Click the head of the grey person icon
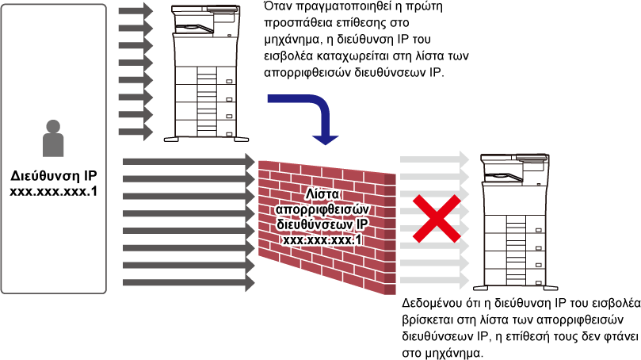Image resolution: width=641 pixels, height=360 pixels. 53,126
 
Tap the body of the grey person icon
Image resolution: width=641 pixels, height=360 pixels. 53,145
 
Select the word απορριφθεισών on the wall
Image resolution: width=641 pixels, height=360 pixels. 322,209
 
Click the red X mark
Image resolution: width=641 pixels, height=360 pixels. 436,218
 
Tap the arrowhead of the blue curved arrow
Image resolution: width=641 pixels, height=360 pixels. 325,139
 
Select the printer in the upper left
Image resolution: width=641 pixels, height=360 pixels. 205,71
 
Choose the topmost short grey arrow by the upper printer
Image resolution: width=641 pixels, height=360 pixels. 135,11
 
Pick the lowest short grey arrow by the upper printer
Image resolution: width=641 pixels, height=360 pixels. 135,132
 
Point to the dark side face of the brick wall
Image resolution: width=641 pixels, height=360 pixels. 390,234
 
